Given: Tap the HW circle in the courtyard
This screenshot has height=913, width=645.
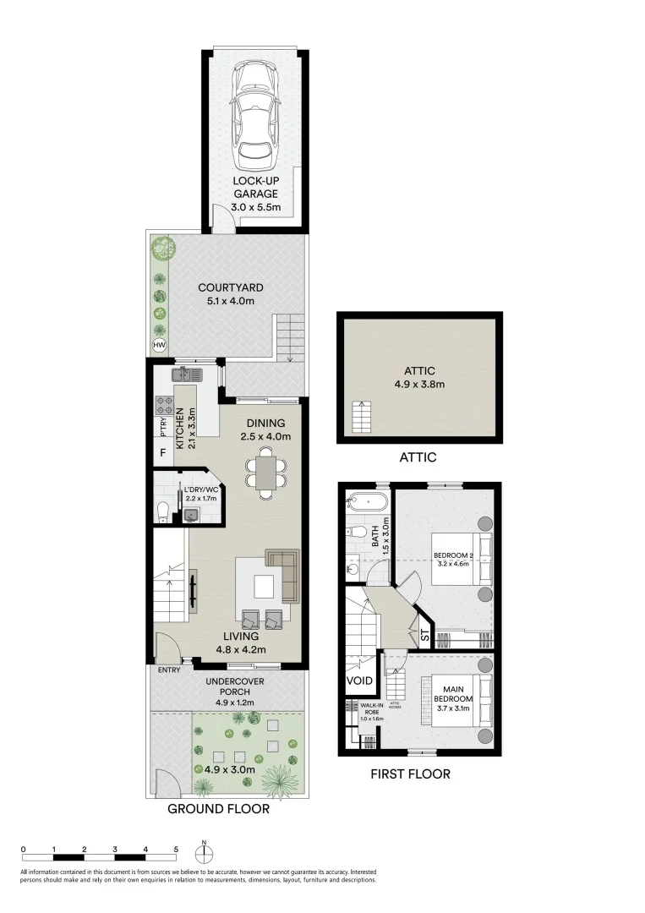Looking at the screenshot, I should (x=158, y=346).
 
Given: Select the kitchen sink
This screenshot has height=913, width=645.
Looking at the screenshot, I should (x=185, y=373).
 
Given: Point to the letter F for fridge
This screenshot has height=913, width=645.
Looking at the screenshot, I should (x=162, y=453).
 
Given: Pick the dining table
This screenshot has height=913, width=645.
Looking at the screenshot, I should (x=265, y=473).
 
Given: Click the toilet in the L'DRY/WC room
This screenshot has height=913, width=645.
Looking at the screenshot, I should (x=163, y=510).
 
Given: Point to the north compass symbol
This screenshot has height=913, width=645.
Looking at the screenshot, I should (x=205, y=850).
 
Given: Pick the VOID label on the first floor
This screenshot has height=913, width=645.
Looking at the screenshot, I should (x=359, y=680).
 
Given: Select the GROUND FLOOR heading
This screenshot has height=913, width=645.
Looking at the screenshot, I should (x=218, y=809).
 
